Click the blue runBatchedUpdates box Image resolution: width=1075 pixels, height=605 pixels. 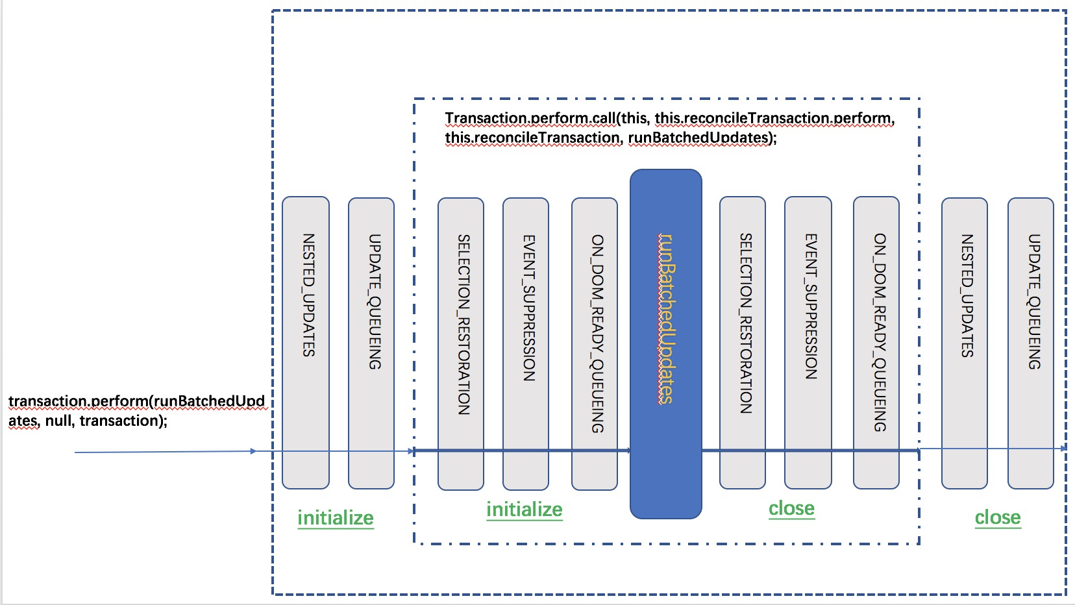click(665, 343)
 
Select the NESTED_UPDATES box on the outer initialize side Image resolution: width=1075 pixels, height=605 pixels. click(306, 343)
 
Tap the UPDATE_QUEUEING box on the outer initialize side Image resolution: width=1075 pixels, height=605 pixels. click(371, 343)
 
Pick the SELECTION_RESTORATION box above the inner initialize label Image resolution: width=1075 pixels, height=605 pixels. click(461, 343)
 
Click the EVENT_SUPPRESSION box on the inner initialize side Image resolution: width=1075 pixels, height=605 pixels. click(526, 343)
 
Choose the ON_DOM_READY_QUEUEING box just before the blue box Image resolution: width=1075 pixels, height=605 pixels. click(595, 343)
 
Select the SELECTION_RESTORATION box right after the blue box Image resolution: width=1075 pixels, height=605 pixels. click(743, 343)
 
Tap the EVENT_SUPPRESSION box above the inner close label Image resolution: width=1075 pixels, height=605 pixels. click(808, 343)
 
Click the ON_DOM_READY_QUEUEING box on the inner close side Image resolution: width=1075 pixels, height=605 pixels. click(876, 343)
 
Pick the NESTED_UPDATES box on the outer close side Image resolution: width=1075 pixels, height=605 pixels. click(965, 343)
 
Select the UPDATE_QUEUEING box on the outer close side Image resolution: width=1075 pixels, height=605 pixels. click(1031, 343)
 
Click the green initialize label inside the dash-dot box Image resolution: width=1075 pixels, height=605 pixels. click(525, 510)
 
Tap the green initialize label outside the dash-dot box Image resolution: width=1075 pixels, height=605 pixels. click(336, 518)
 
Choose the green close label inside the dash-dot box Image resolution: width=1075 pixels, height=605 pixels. click(791, 508)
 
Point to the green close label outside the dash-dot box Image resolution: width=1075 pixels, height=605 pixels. click(998, 517)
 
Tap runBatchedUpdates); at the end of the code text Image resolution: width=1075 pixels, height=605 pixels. click(702, 138)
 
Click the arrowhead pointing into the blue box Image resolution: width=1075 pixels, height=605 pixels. click(628, 450)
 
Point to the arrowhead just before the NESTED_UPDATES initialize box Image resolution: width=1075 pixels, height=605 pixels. click(253, 451)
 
